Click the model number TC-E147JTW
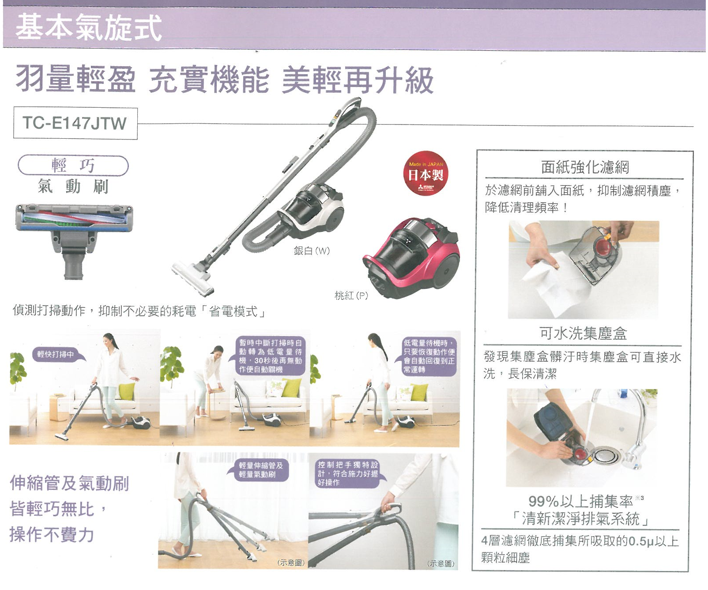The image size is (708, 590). point(75,123)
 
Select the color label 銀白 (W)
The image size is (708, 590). point(312,251)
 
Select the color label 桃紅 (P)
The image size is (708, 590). point(351,296)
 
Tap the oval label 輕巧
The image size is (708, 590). point(73,166)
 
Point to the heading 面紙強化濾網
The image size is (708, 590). point(585,167)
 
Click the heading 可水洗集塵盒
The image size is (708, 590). point(583,333)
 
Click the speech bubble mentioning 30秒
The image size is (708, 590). point(271,356)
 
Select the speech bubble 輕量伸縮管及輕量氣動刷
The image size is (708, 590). point(260,470)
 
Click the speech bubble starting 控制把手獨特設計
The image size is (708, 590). point(348,473)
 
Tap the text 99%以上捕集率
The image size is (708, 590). point(580,501)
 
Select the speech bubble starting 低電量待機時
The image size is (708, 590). point(429,356)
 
